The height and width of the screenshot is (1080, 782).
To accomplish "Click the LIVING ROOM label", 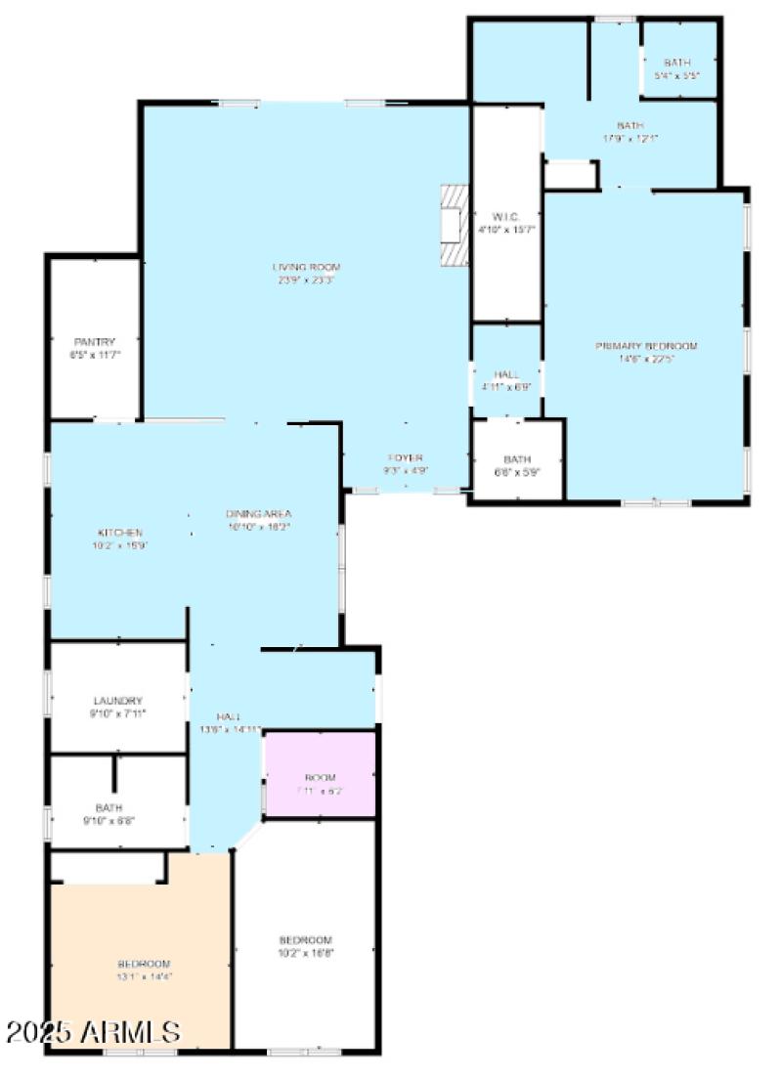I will click(x=306, y=267).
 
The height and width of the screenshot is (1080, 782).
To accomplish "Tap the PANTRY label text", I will click(x=95, y=341).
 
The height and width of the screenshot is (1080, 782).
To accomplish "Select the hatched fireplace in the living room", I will click(x=454, y=225).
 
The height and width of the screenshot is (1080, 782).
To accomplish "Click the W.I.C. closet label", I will click(x=506, y=217).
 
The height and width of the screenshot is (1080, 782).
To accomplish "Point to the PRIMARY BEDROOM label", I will click(x=647, y=346).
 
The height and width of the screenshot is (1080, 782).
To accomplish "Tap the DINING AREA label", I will click(x=258, y=514).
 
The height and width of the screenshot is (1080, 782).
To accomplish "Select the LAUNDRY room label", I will click(x=118, y=701).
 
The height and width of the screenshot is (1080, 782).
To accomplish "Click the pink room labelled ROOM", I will click(x=320, y=778).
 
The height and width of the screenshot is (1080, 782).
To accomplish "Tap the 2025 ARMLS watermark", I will click(x=94, y=1032).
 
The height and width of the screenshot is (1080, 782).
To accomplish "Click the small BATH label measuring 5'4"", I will click(x=677, y=63).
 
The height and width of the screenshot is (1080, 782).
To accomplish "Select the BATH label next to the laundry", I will click(x=109, y=808).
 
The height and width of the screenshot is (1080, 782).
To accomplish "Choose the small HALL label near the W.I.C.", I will click(x=506, y=374).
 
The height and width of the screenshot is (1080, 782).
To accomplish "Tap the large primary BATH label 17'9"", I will click(x=630, y=125).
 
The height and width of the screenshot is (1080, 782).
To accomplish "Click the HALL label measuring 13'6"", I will click(x=230, y=716).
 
